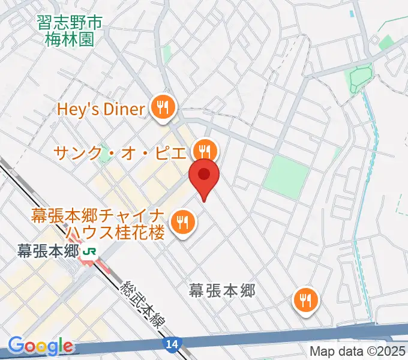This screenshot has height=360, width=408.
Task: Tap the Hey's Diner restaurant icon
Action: point(162,109)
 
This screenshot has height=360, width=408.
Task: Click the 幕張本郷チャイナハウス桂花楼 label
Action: point(97,223)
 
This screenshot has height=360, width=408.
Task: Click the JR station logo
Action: point(90,253)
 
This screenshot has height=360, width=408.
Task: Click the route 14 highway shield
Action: point(170,344)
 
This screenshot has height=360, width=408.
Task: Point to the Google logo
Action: point(40,346)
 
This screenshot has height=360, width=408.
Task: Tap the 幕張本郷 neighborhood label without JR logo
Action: point(222,291)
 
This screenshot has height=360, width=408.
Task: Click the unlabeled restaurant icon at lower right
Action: point(306,299)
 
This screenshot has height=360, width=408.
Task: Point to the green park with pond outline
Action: point(359,79)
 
